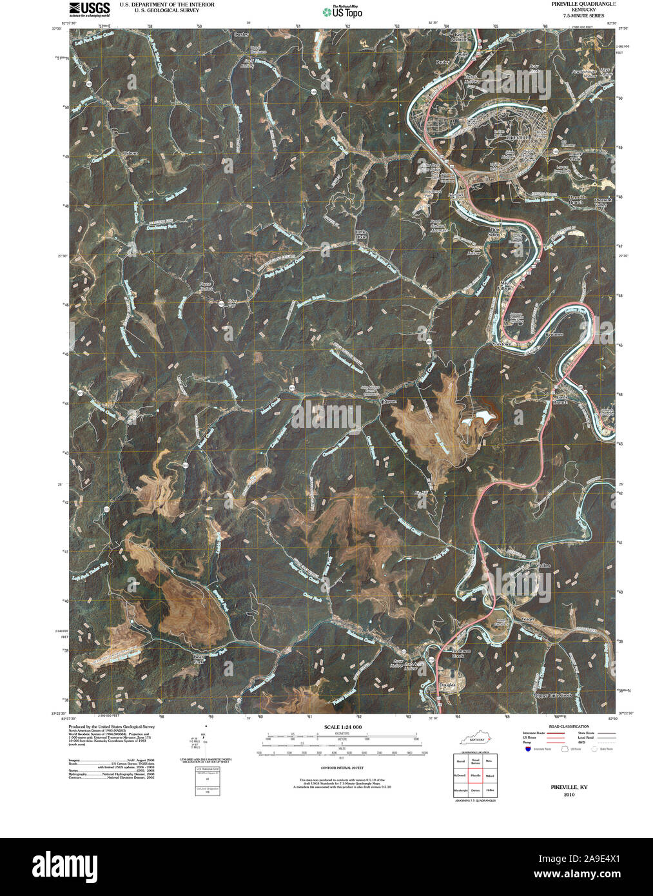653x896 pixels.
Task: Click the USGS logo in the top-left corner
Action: coord(90,8)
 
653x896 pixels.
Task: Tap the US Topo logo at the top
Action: coord(343,12)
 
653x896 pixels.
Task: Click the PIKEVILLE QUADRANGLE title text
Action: coord(583,4)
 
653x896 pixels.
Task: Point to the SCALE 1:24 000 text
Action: coord(343,727)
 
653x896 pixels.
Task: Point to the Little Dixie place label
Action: coord(360,234)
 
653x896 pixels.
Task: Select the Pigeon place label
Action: coord(388,401)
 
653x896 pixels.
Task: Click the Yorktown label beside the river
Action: coord(501,344)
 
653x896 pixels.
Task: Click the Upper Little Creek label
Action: coord(552,696)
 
